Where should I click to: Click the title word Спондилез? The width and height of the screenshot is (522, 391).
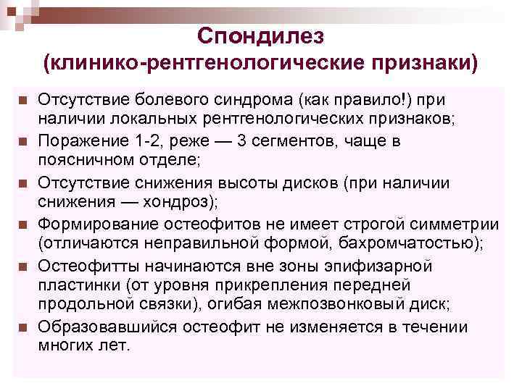pos(262,35)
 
